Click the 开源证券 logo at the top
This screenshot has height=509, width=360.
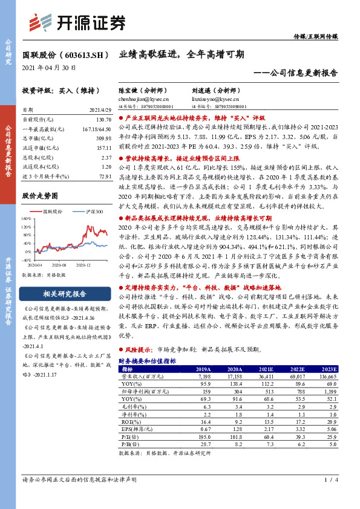[79, 22]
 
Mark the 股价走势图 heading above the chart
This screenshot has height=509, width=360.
[40, 196]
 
